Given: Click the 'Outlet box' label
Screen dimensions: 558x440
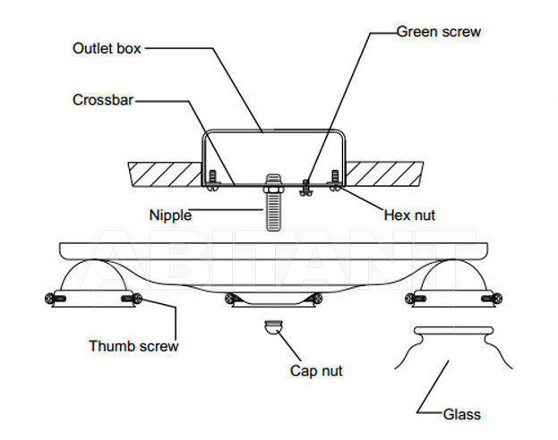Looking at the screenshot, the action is pyautogui.click(x=107, y=48).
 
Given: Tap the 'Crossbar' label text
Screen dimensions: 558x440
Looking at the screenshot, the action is pyautogui.click(x=103, y=100).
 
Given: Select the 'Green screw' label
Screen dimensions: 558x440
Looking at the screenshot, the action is pyautogui.click(x=439, y=31).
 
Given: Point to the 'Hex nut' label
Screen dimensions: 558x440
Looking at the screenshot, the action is pyautogui.click(x=409, y=215).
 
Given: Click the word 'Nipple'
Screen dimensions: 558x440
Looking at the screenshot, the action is pyautogui.click(x=170, y=216).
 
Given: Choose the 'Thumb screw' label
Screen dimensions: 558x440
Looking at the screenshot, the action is pyautogui.click(x=133, y=346).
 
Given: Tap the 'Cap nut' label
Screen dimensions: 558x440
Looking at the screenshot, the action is pyautogui.click(x=316, y=371).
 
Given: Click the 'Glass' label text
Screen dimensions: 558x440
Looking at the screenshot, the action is pyautogui.click(x=461, y=414).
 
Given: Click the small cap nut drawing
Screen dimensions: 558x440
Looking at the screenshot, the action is pyautogui.click(x=274, y=326).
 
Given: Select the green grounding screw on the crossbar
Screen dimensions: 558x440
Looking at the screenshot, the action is pyautogui.click(x=306, y=188).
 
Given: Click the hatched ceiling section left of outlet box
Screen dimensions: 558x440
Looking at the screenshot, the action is pyautogui.click(x=166, y=174).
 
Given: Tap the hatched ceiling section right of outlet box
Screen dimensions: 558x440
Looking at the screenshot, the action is pyautogui.click(x=384, y=173).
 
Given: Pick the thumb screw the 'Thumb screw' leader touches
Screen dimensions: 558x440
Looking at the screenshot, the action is pyautogui.click(x=132, y=299).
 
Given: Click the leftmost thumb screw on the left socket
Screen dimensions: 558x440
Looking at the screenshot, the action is pyautogui.click(x=55, y=298).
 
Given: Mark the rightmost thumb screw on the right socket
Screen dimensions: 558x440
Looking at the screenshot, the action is pyautogui.click(x=492, y=299).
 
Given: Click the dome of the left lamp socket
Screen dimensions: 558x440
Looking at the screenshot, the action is pyautogui.click(x=93, y=275).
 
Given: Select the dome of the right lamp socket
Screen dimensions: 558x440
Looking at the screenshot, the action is pyautogui.click(x=453, y=275).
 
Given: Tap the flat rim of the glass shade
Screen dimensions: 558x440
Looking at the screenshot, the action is pyautogui.click(x=454, y=331).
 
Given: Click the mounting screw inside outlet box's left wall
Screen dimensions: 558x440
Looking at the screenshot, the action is pyautogui.click(x=213, y=181).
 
